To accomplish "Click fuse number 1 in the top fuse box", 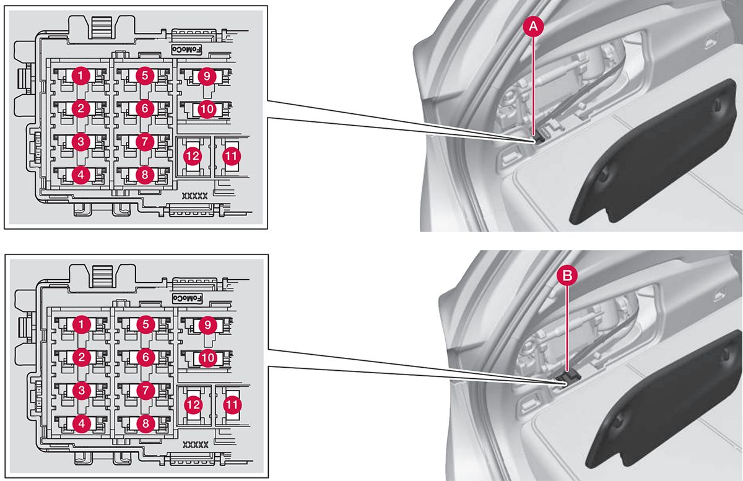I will pyautogui.click(x=80, y=76).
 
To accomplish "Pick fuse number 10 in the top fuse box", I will pyautogui.click(x=207, y=109).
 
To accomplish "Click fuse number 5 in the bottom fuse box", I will pyautogui.click(x=144, y=324).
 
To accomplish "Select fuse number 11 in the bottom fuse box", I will pyautogui.click(x=232, y=405).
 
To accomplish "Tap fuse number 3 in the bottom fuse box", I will pyautogui.click(x=81, y=390).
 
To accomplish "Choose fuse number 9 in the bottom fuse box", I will pyautogui.click(x=207, y=324).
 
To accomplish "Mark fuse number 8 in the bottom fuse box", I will pyautogui.click(x=144, y=423).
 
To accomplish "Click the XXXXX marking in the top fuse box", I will pyautogui.click(x=194, y=196).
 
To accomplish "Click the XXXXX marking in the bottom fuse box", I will pyautogui.click(x=195, y=444).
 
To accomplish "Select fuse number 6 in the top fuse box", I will pyautogui.click(x=144, y=108).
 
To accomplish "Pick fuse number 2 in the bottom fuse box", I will pyautogui.click(x=81, y=357).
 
